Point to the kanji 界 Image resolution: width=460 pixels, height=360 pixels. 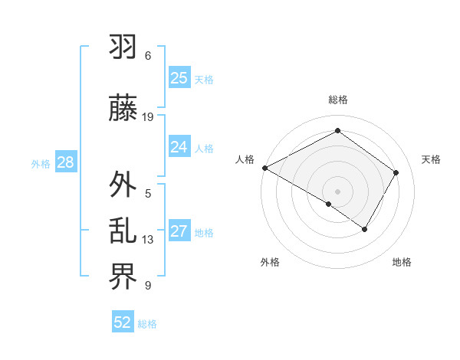click(123, 277)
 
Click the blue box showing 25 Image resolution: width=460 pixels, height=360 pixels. click(179, 78)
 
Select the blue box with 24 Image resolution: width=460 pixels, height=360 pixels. click(179, 147)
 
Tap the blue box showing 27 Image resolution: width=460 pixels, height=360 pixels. click(179, 232)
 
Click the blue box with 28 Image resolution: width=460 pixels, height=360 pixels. click(65, 162)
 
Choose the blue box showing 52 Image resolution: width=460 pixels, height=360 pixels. click(123, 322)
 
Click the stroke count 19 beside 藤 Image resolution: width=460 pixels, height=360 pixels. click(148, 117)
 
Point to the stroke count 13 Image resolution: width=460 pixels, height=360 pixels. click(148, 240)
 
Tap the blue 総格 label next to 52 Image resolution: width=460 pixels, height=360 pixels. click(147, 324)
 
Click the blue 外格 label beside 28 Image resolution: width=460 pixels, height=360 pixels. click(41, 163)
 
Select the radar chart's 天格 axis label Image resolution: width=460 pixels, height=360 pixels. click(431, 159)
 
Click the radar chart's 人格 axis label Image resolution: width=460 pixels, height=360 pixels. click(245, 159)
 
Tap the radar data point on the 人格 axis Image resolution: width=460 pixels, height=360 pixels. click(264, 168)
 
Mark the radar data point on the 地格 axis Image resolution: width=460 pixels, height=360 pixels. click(365, 229)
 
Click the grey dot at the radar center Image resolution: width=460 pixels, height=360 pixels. click(337, 191)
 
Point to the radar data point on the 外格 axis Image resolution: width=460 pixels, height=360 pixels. click(329, 204)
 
